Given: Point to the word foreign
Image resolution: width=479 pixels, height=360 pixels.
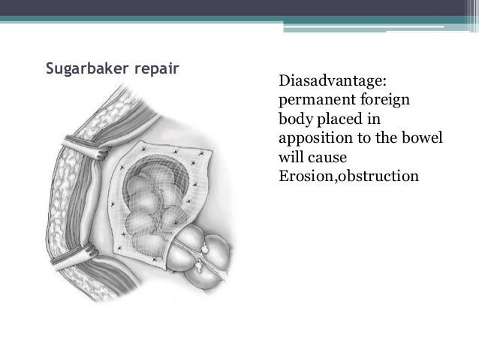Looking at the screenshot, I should pyautogui.click(x=386, y=100).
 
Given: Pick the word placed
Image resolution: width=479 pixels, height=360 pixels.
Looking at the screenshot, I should pyautogui.click(x=337, y=119).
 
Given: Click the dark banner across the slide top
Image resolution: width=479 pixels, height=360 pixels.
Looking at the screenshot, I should pyautogui.click(x=239, y=8).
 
